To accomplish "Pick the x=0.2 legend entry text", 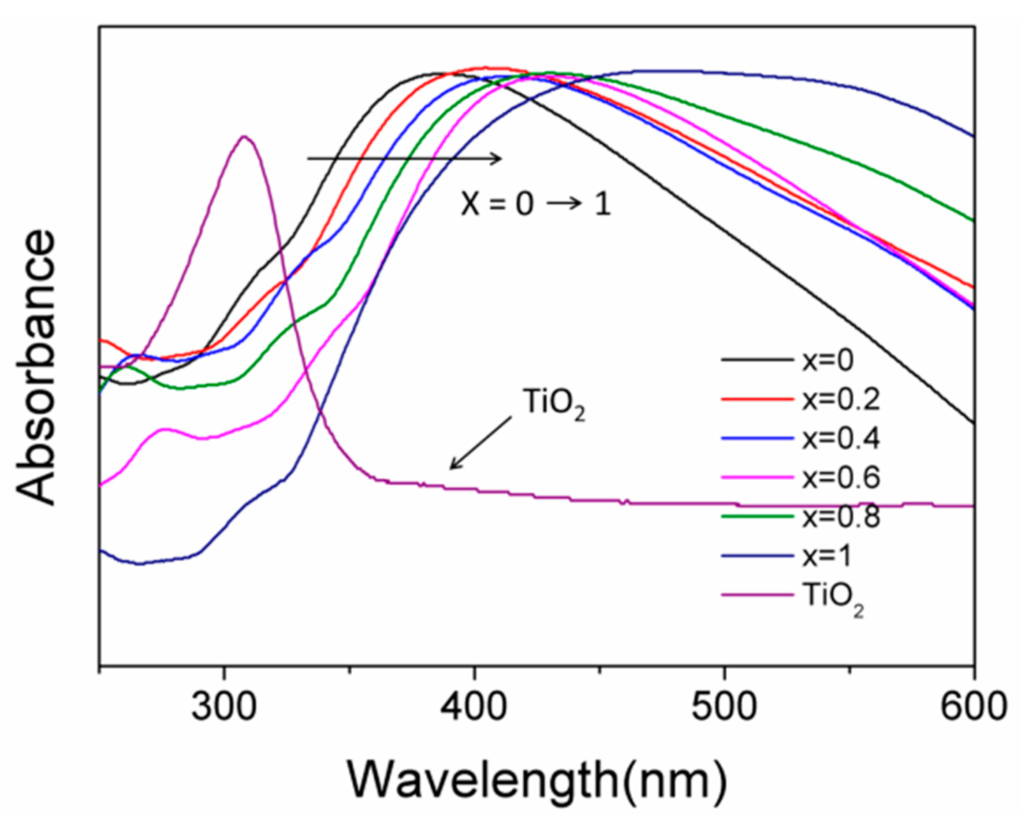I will click(x=841, y=400).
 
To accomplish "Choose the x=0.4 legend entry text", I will click(x=841, y=439).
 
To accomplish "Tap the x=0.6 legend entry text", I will click(x=841, y=478).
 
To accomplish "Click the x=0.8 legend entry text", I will click(x=841, y=517).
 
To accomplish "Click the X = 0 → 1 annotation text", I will click(x=536, y=205).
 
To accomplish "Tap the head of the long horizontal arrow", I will click(x=501, y=159).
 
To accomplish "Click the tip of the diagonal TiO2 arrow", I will click(x=451, y=469).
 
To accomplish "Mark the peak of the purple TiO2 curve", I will click(x=244, y=137).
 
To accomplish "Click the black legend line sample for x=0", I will click(x=757, y=361).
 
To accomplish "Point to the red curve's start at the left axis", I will click(x=101, y=340).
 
